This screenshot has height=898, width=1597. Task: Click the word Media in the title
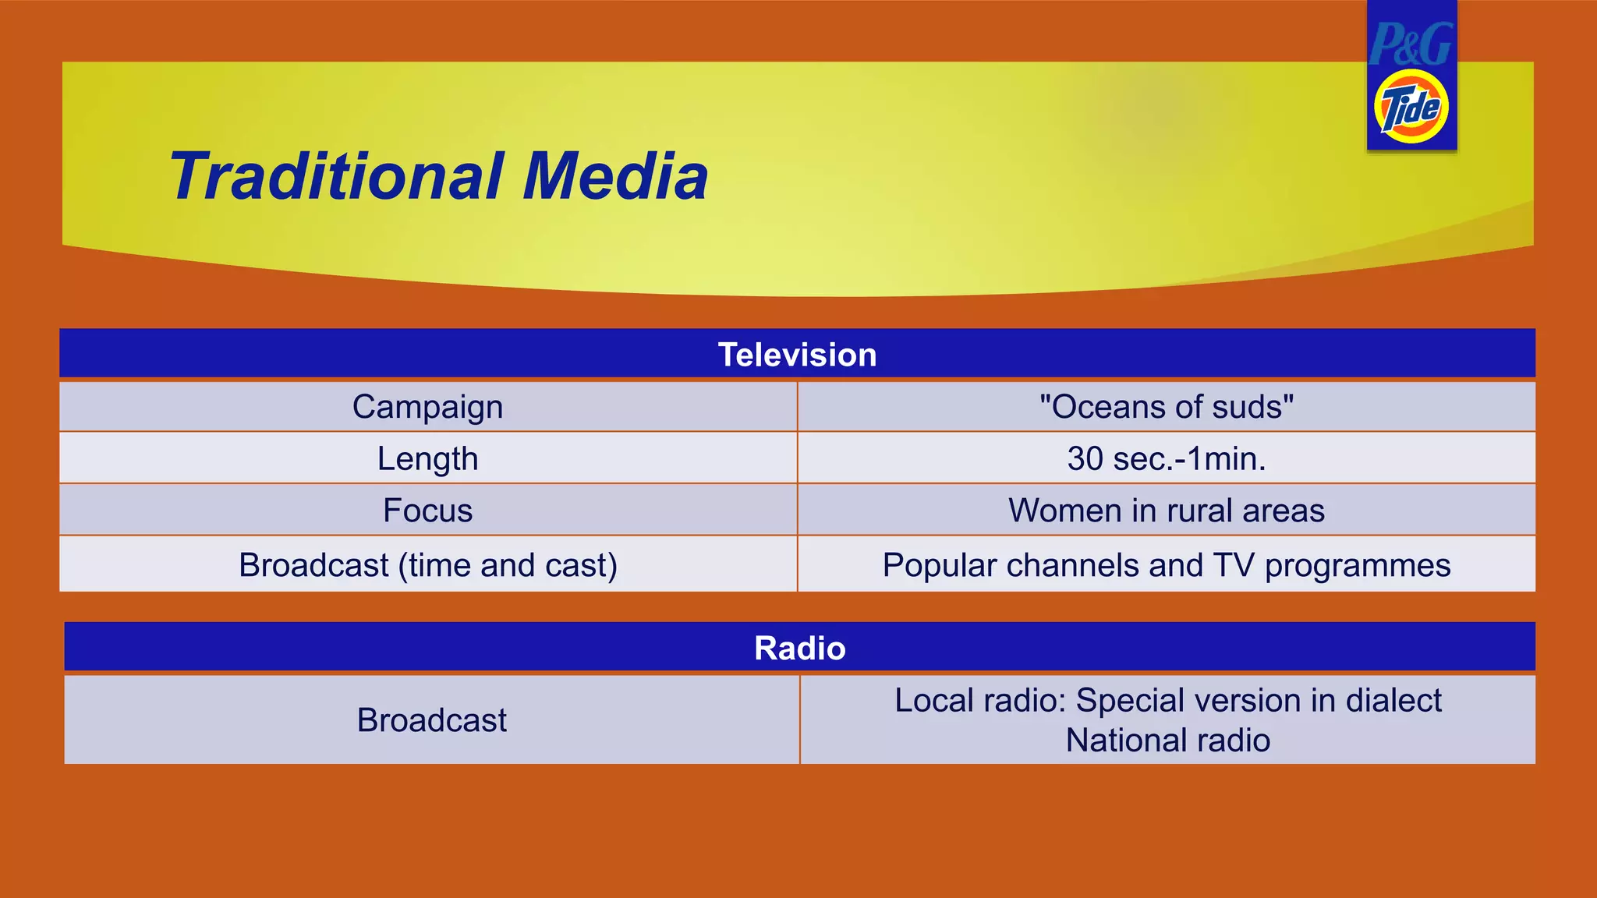[x=615, y=176]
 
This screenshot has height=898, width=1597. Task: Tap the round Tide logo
[x=1411, y=108]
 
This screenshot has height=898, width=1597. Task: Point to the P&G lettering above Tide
[x=1411, y=44]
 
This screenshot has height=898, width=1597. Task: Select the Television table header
[x=797, y=355]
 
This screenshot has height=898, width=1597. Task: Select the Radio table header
[x=799, y=648]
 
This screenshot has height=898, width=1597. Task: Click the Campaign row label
[x=427, y=407]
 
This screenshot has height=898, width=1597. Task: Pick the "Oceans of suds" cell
[x=1167, y=407]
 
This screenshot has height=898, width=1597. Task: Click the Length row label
[x=427, y=458]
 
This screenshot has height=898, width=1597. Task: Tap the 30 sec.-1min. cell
[x=1167, y=458]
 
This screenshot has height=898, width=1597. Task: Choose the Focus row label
[x=427, y=511]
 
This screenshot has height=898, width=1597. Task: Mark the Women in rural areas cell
[x=1167, y=511]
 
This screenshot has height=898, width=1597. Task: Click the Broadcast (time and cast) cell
[x=427, y=565]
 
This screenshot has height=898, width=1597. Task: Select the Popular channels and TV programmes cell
[x=1167, y=565]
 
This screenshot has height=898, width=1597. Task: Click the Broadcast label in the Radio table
[x=431, y=719]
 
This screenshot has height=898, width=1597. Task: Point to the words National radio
[x=1167, y=740]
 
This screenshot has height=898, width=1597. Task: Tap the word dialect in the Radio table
[x=1393, y=700]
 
